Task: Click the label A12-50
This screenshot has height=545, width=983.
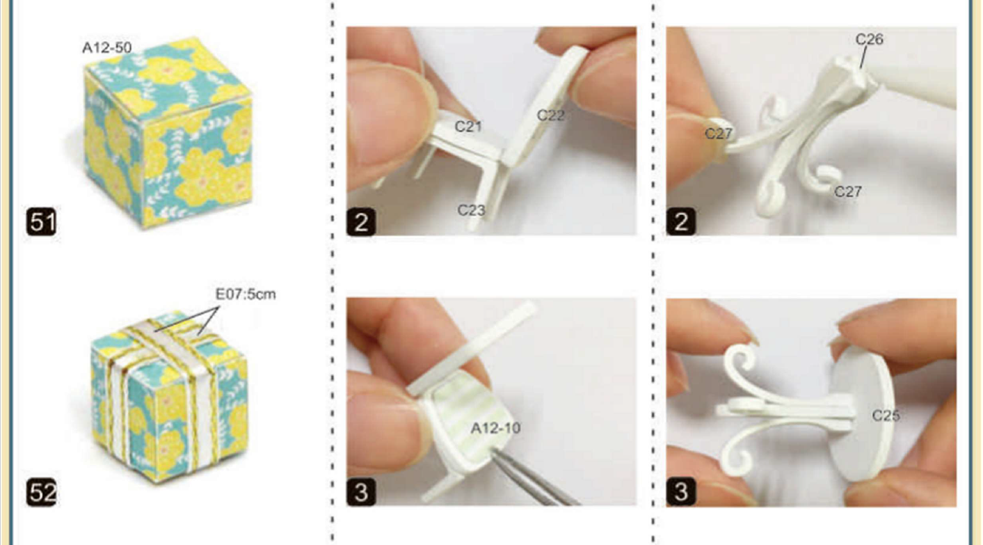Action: [x=106, y=47]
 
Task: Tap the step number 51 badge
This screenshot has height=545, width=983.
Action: [x=41, y=222]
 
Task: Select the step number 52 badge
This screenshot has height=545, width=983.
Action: [x=41, y=492]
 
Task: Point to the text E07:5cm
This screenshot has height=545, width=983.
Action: [x=246, y=294]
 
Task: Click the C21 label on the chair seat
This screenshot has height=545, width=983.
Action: [x=468, y=127]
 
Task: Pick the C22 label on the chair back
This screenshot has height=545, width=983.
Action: [x=551, y=116]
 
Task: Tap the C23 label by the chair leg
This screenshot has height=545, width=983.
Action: [x=471, y=210]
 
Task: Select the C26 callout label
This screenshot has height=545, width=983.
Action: [x=870, y=39]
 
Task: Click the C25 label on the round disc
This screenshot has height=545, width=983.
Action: [x=886, y=416]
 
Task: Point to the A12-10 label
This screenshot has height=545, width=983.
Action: [x=495, y=428]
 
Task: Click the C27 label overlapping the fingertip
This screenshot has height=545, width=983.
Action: [x=719, y=133]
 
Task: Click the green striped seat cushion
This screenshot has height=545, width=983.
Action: [x=467, y=417]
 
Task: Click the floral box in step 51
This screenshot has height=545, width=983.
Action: [x=168, y=132]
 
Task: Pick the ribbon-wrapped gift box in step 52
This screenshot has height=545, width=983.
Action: [x=169, y=395]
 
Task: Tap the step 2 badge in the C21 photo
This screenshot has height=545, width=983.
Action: [x=361, y=222]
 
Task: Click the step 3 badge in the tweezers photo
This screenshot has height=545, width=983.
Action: [x=361, y=492]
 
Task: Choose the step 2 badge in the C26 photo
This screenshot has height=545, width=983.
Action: [x=680, y=222]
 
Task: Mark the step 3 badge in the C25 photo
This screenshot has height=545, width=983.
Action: [x=680, y=492]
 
